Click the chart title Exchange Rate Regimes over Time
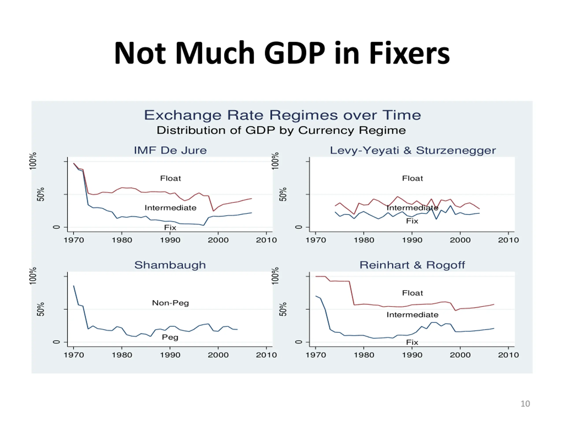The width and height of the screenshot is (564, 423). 282,115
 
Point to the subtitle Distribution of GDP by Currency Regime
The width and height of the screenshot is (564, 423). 281,130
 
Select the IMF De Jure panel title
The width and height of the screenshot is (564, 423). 170,150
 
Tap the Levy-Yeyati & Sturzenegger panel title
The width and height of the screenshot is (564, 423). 413,150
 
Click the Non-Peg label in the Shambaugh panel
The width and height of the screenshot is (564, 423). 170,303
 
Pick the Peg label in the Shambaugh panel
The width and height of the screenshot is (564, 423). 170,337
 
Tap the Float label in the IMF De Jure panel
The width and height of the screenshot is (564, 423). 170,178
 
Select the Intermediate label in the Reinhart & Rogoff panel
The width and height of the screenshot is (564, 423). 412,315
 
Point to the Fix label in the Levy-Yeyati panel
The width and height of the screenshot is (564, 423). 412,221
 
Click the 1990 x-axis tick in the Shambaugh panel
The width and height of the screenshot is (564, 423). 170,355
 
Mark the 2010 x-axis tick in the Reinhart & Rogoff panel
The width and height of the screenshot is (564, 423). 508,355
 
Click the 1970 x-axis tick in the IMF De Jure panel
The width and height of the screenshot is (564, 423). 74,240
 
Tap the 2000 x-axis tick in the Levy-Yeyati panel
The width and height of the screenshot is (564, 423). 460,240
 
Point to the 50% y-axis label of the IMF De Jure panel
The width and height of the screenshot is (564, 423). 41,194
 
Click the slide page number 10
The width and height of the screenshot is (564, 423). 525,404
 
